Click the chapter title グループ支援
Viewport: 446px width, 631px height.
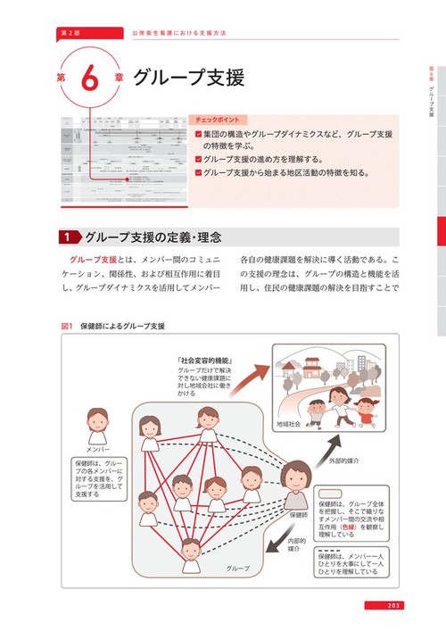pos(188,77)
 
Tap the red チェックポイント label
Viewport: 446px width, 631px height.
pos(220,120)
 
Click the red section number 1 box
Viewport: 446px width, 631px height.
pos(69,237)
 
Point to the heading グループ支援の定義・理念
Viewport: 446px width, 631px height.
pos(153,237)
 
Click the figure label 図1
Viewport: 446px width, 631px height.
pos(66,327)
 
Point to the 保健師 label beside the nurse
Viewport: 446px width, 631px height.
pos(300,515)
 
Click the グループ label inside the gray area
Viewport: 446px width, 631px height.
pos(238,569)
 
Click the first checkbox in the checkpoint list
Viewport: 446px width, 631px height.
pos(198,134)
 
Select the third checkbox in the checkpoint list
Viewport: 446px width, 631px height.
pos(198,171)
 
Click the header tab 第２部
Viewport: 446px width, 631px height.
pos(67,32)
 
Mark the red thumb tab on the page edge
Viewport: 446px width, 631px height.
pos(438,233)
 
